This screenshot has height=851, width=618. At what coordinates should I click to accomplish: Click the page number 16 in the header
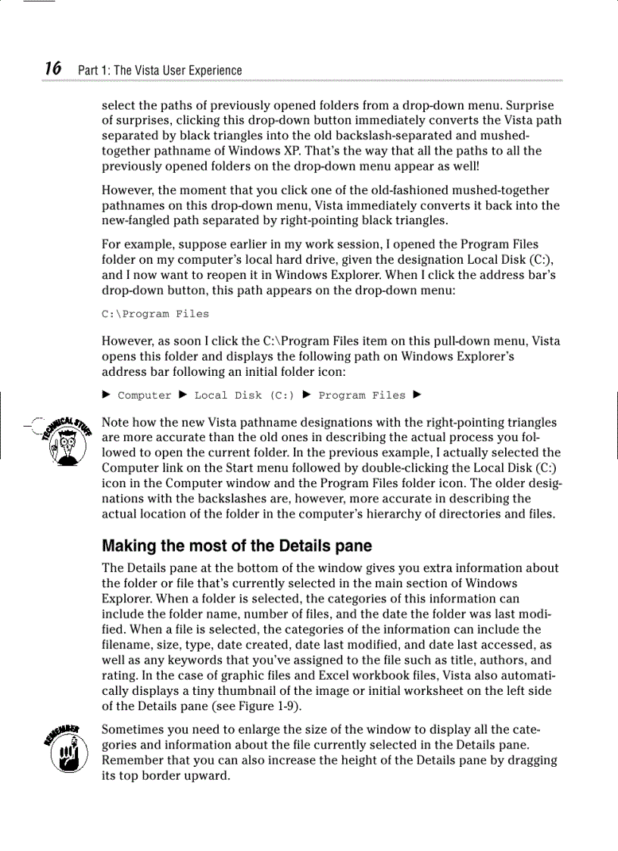(x=52, y=69)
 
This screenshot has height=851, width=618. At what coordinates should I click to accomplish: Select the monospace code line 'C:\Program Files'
(x=155, y=314)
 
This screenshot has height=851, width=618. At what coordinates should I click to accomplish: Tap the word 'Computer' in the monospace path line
(x=145, y=396)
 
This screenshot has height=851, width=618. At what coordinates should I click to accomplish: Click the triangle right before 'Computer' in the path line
(x=107, y=396)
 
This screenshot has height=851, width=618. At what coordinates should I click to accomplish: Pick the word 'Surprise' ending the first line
(x=529, y=105)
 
